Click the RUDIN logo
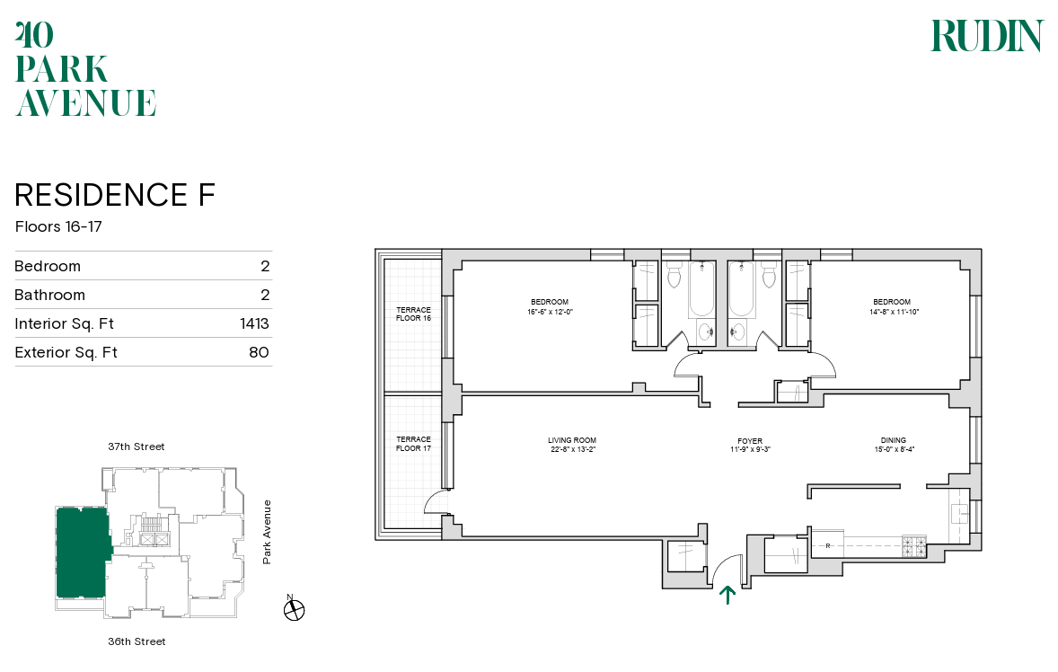click(x=987, y=36)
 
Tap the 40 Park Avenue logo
click(x=85, y=69)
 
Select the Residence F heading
click(x=115, y=195)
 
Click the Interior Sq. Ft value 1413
click(x=254, y=323)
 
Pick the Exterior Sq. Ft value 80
click(x=259, y=352)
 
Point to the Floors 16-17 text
click(x=58, y=226)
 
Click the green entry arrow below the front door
click(x=727, y=595)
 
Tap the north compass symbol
click(x=295, y=610)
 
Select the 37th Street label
click(x=137, y=447)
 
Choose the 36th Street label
click(x=137, y=641)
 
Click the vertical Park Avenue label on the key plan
click(x=268, y=532)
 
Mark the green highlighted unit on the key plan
click(x=82, y=553)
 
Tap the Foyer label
click(x=750, y=440)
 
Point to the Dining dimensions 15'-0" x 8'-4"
click(x=894, y=449)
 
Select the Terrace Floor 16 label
click(x=414, y=314)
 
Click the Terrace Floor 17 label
click(x=414, y=444)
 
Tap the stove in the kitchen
click(x=914, y=546)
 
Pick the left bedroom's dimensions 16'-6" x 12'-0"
click(x=550, y=312)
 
